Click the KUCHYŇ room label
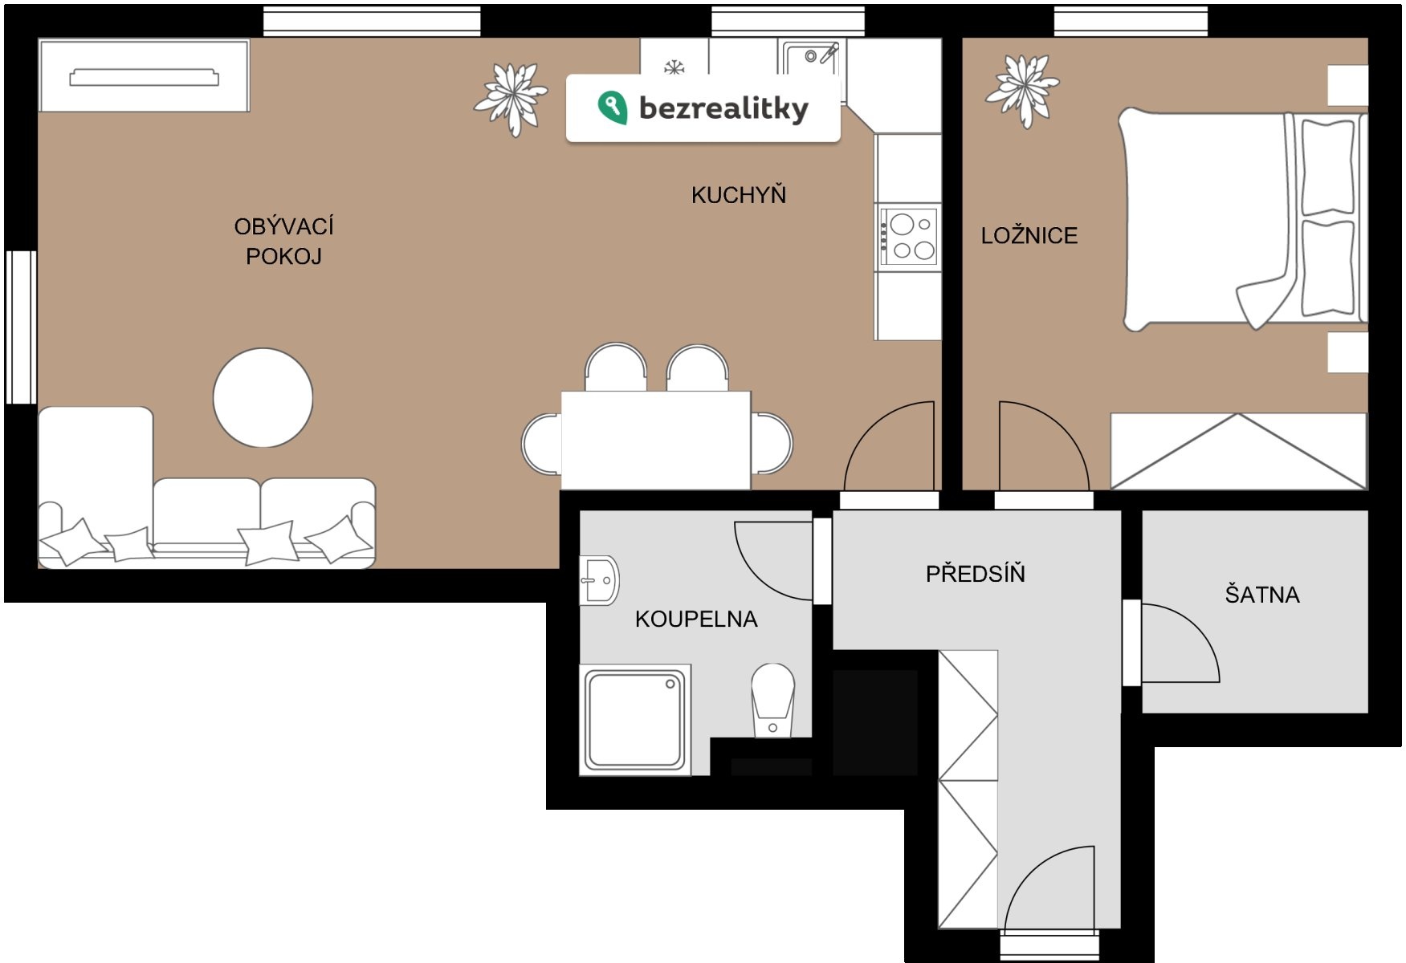pos(739,194)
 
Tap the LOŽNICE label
pos(1029,235)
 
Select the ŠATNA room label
pos(1262,594)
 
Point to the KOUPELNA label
pos(696,619)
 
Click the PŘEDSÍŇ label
pos(976,573)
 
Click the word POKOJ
pos(283,256)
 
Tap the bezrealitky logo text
pos(723,108)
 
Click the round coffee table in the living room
pos(263,397)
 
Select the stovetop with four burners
pos(908,237)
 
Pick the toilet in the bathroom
pos(772,699)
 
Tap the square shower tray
pos(635,720)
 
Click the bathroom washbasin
pos(599,579)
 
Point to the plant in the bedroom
pos(1022,88)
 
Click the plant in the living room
pos(511,99)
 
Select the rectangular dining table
pos(655,440)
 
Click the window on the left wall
pos(21,327)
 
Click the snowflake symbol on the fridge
pos(674,67)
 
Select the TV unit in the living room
pos(145,76)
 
